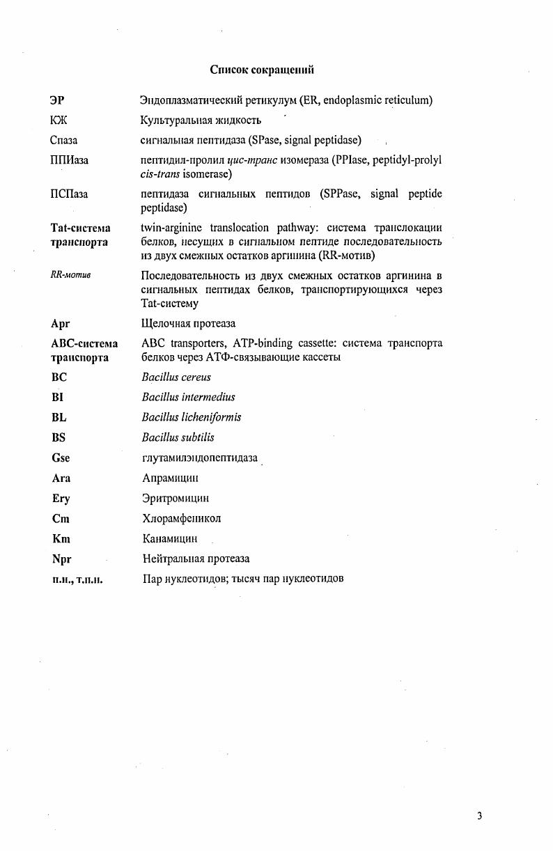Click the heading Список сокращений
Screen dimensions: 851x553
point(262,70)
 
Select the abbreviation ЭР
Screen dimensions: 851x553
point(57,100)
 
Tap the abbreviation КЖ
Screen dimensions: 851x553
point(59,120)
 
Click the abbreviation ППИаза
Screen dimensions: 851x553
point(69,160)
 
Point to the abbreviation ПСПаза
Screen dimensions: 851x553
point(69,194)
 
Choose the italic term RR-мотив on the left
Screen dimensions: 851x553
point(70,274)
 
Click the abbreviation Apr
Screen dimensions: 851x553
point(61,323)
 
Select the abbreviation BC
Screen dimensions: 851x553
point(59,377)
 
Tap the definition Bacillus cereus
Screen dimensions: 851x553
point(176,377)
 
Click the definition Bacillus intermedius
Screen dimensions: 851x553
point(188,397)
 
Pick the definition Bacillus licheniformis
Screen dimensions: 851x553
point(192,417)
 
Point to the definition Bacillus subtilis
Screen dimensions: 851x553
point(178,437)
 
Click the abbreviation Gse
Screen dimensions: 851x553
point(61,458)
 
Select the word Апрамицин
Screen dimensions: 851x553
point(170,478)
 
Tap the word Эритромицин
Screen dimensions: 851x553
point(175,499)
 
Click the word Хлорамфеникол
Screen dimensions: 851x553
point(181,519)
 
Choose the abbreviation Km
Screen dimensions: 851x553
point(61,539)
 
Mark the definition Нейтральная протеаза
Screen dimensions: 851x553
point(196,559)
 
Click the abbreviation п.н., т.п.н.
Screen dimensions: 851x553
point(77,579)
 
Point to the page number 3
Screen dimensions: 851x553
point(480,816)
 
